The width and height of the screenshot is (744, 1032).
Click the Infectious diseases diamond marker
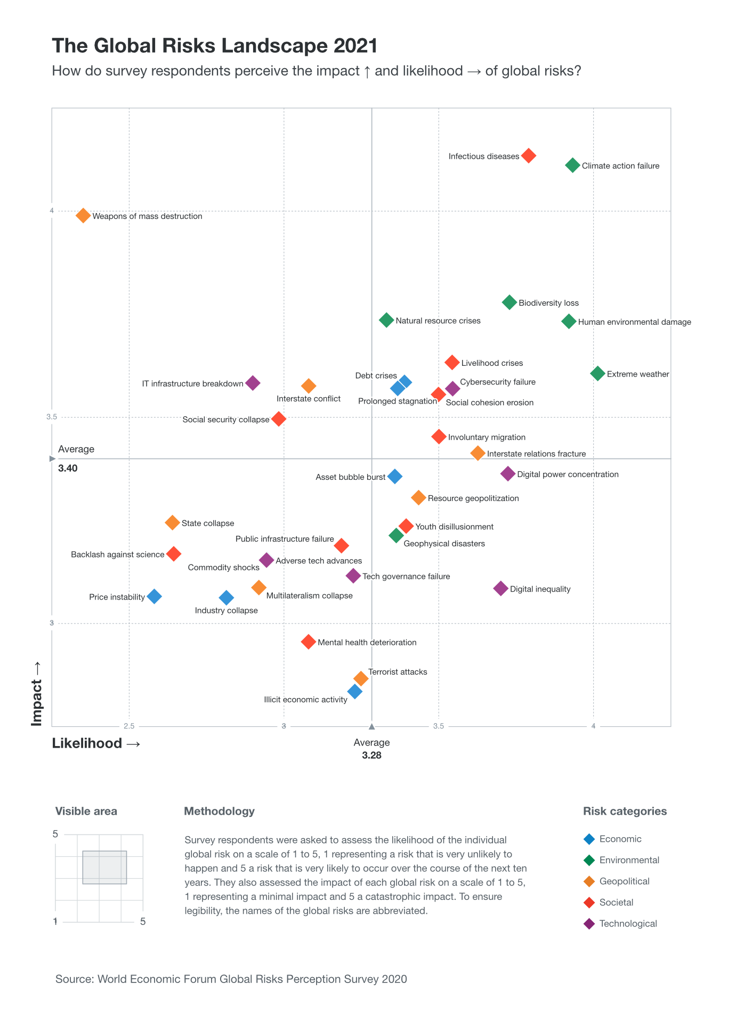[x=528, y=155]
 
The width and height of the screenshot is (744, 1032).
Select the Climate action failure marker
[x=572, y=165]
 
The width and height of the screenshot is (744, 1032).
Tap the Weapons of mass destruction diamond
[x=83, y=216]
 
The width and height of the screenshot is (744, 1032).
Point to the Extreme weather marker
[x=597, y=373]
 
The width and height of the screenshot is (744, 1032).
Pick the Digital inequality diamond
[x=500, y=588]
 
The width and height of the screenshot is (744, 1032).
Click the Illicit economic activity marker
[x=355, y=692]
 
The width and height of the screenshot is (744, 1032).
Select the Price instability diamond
[x=154, y=596]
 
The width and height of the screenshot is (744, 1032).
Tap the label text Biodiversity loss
[x=548, y=303]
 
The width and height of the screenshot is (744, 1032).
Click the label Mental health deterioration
[x=367, y=643]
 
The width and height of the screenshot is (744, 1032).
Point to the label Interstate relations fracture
[x=536, y=454]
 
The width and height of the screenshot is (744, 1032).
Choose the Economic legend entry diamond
[x=589, y=839]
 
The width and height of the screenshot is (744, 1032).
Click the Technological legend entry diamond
[x=589, y=924]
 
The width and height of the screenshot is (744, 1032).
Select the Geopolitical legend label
[x=624, y=881]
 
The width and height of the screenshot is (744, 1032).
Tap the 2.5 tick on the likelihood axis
[x=129, y=726]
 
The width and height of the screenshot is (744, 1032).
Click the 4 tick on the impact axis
[x=52, y=210]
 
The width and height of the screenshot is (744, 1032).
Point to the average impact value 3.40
[x=68, y=469]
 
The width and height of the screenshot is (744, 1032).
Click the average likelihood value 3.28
[x=371, y=756]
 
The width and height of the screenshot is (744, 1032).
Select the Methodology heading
[x=219, y=812]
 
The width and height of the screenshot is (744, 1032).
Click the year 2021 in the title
[x=355, y=46]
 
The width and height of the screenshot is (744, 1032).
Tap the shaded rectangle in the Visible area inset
[x=104, y=867]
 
